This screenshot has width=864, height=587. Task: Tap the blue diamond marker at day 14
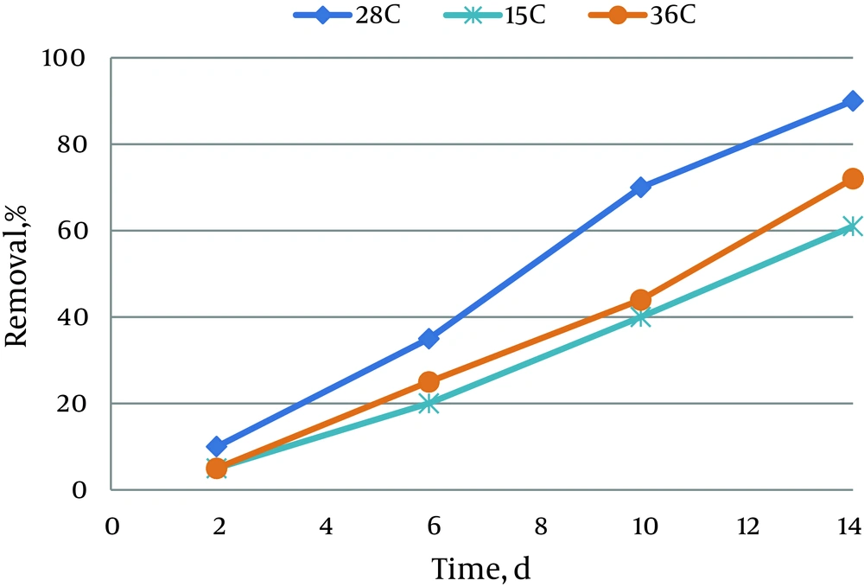click(x=853, y=101)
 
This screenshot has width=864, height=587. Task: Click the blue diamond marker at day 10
click(x=640, y=188)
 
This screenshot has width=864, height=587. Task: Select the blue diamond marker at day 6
click(x=429, y=339)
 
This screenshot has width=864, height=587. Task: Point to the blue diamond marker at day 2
click(x=217, y=447)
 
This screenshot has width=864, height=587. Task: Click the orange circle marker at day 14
click(x=853, y=179)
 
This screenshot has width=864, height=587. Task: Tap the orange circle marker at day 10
click(x=640, y=300)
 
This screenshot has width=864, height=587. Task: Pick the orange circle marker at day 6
click(x=429, y=382)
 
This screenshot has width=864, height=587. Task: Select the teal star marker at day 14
click(x=853, y=227)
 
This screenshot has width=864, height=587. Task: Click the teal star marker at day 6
click(x=429, y=404)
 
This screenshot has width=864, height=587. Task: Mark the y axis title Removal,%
click(x=18, y=274)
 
